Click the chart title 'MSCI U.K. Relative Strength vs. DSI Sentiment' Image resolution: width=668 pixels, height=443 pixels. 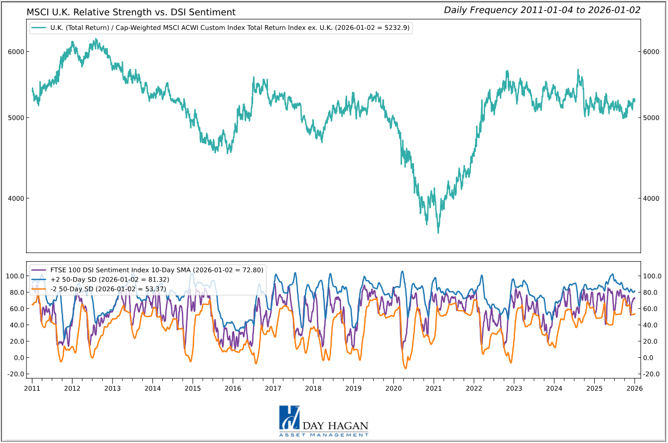tap(131, 12)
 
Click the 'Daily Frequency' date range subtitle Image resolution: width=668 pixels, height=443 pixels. tap(542, 10)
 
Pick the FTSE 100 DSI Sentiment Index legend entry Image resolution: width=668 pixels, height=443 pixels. tap(147, 270)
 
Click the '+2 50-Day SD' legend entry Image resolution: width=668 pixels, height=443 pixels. tap(100, 280)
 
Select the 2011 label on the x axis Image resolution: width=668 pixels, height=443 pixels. tap(32, 388)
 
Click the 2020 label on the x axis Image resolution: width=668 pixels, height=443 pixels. tap(394, 388)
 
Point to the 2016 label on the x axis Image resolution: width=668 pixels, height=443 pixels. tap(233, 388)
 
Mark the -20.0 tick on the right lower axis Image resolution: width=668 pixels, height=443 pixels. tap(652, 374)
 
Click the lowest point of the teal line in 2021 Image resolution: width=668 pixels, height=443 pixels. tap(438, 233)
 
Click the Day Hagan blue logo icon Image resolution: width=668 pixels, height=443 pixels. tap(289, 418)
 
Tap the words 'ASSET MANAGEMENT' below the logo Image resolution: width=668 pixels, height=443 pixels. tap(324, 435)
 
